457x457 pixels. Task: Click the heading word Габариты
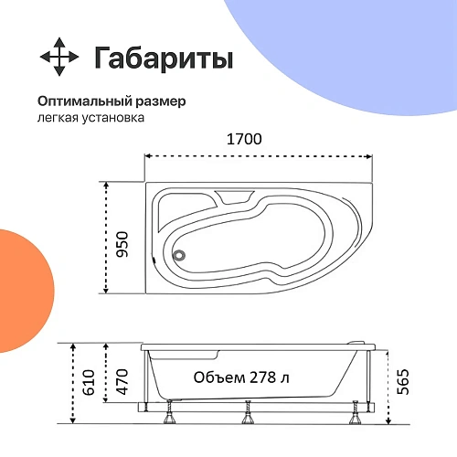pos(164,58)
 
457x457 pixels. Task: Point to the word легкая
pos(57,118)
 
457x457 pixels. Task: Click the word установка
pos(112,118)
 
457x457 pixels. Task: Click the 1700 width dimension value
pos(244,140)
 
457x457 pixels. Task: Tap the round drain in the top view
pos(179,257)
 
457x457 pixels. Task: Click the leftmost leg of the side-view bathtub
pos(169,419)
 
